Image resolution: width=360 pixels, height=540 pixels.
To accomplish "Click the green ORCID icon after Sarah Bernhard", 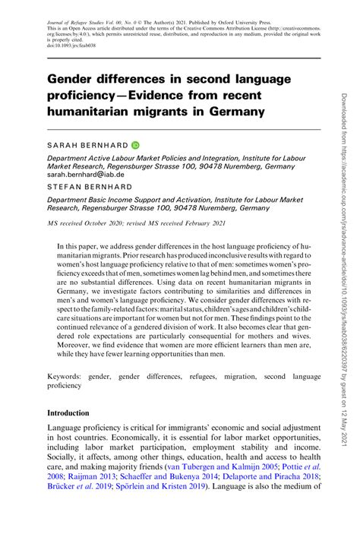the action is (135, 144).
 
